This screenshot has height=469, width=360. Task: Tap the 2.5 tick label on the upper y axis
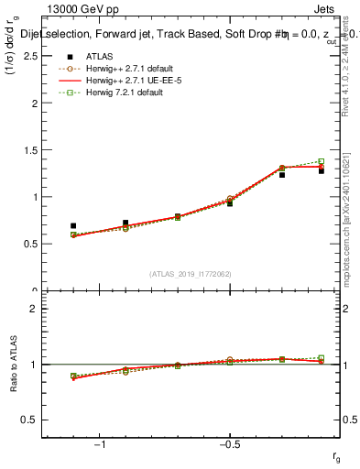pos(29,56)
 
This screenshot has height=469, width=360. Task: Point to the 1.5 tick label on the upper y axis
pos(29,150)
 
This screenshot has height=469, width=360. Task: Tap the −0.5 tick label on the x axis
pos(228,445)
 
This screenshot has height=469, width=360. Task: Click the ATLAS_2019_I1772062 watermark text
pos(191,274)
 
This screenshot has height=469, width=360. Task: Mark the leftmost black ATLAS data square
pos(73,225)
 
